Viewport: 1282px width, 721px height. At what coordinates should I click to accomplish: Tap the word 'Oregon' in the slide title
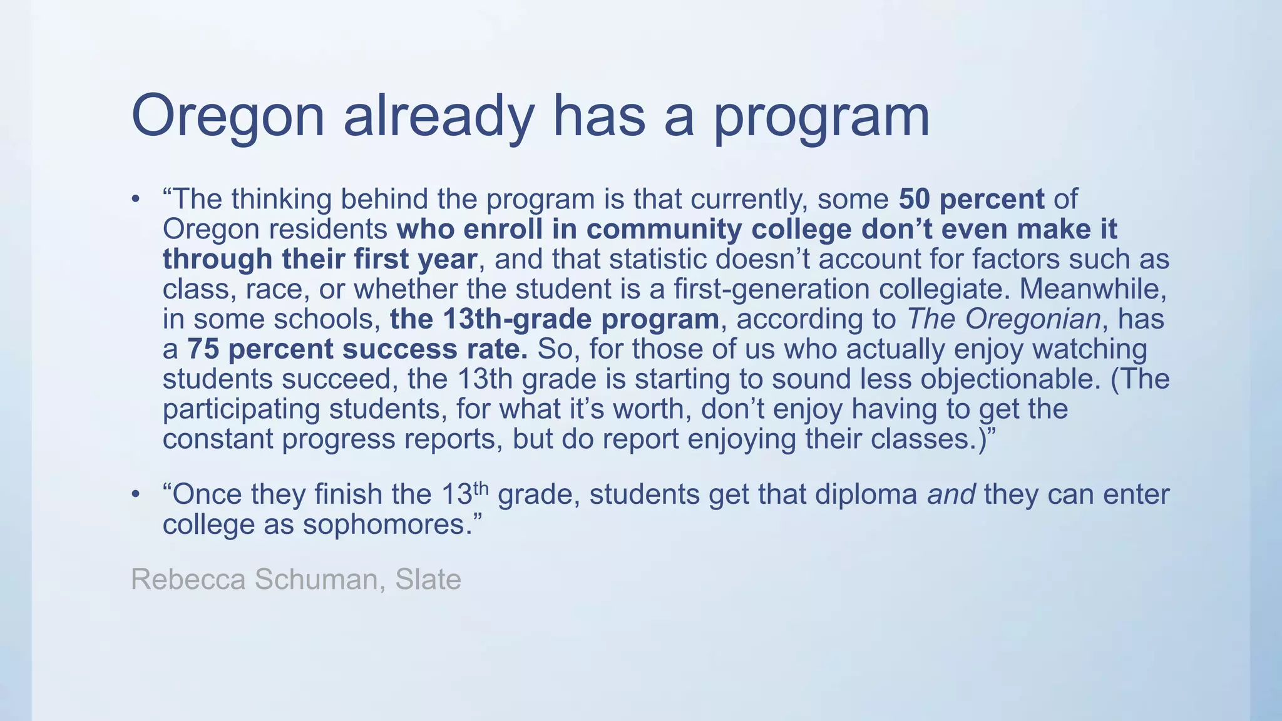pyautogui.click(x=228, y=117)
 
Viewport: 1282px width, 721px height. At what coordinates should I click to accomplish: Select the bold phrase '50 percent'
pyautogui.click(x=972, y=199)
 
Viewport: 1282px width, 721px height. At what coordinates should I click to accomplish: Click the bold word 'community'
pyautogui.click(x=664, y=229)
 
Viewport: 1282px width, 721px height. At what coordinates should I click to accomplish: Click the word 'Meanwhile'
pyautogui.click(x=1092, y=289)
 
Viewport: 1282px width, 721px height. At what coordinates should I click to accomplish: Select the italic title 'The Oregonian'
pyautogui.click(x=1003, y=319)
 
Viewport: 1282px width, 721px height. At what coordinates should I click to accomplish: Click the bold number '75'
pyautogui.click(x=203, y=349)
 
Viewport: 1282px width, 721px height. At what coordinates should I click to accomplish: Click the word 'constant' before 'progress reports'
pyautogui.click(x=217, y=439)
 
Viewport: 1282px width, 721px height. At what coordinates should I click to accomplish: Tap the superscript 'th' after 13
pyautogui.click(x=480, y=488)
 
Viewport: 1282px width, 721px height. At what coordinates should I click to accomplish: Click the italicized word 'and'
pyautogui.click(x=951, y=494)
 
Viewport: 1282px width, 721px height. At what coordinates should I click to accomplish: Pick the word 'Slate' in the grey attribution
pyautogui.click(x=428, y=580)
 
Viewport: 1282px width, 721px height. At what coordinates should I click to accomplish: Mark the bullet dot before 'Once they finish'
pyautogui.click(x=136, y=494)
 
